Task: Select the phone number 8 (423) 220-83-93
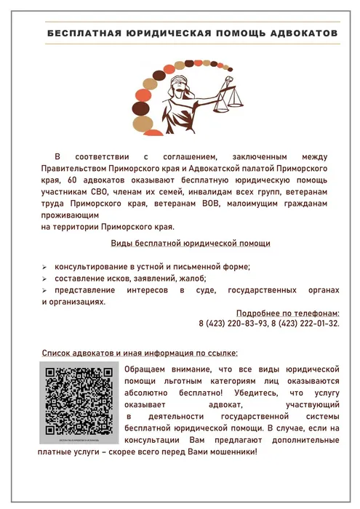pyautogui.click(x=233, y=323)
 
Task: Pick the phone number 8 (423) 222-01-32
pyautogui.click(x=305, y=323)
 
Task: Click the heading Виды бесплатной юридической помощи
pyautogui.click(x=190, y=243)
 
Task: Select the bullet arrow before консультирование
pyautogui.click(x=46, y=267)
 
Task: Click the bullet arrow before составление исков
pyautogui.click(x=46, y=279)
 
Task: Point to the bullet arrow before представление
pyautogui.click(x=46, y=292)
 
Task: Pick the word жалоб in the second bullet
pyautogui.click(x=194, y=278)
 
